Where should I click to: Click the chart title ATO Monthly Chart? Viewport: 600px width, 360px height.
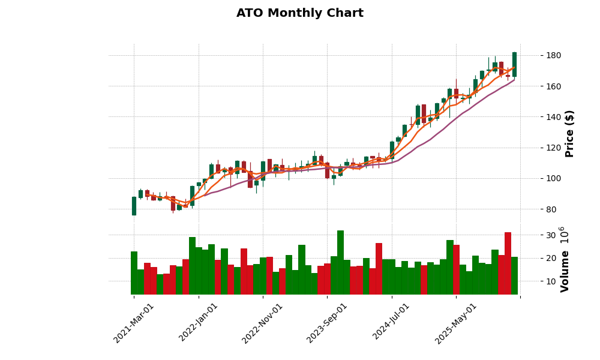click(299, 13)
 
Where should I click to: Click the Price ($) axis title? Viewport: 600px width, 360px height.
click(570, 133)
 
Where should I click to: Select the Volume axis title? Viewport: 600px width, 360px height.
click(564, 259)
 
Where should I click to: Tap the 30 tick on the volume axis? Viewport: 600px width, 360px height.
click(541, 235)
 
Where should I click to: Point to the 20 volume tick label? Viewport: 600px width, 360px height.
click(541, 258)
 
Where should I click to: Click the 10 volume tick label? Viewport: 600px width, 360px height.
click(541, 281)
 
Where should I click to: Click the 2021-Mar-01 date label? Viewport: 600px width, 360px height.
click(134, 323)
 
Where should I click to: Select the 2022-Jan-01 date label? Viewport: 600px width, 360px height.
click(199, 323)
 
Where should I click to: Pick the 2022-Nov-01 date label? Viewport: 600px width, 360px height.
click(263, 323)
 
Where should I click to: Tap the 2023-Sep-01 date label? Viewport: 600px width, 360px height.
click(327, 323)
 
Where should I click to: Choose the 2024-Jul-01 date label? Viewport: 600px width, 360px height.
click(391, 323)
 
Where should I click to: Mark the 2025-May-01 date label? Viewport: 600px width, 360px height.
click(456, 323)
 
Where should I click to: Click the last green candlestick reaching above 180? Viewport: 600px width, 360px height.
click(514, 64)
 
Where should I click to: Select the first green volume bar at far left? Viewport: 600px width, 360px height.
click(134, 273)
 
